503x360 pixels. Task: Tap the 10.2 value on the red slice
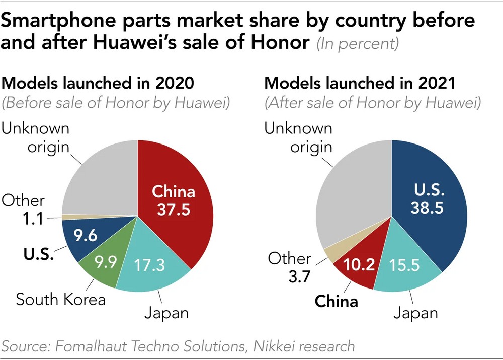[x=358, y=265]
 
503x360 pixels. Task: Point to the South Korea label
[x=61, y=300]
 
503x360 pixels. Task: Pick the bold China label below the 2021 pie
[x=336, y=302]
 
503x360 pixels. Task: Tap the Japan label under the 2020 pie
[x=166, y=313]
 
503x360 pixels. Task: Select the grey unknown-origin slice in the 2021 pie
[x=352, y=201]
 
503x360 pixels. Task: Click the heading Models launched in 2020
[x=99, y=84]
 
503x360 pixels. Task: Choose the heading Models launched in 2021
[x=360, y=84]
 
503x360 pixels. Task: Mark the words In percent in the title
[x=358, y=44]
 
